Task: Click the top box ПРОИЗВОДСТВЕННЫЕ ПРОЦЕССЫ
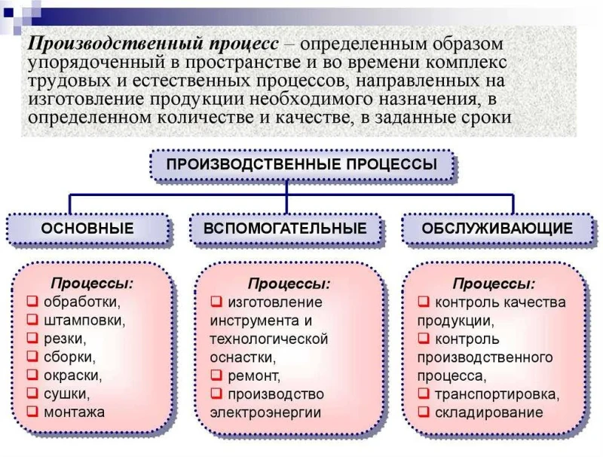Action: pyautogui.click(x=302, y=165)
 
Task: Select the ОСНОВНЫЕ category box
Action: pyautogui.click(x=87, y=228)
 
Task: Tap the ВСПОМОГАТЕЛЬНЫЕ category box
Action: pyautogui.click(x=285, y=228)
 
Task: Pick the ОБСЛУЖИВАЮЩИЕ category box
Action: pyautogui.click(x=497, y=228)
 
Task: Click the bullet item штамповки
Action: pyautogui.click(x=84, y=321)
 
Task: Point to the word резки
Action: pyautogui.click(x=65, y=339)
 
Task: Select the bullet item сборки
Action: pyautogui.click(x=69, y=357)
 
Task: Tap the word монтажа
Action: pyautogui.click(x=74, y=413)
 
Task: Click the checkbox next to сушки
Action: pyautogui.click(x=32, y=393)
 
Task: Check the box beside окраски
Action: pyautogui.click(x=32, y=375)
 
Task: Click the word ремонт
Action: pyautogui.click(x=254, y=376)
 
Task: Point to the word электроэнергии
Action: pyautogui.click(x=265, y=413)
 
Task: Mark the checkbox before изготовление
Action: pyautogui.click(x=216, y=301)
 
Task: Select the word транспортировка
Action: pyautogui.click(x=497, y=394)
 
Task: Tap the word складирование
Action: pyautogui.click(x=488, y=413)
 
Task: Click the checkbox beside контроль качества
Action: pyautogui.click(x=424, y=301)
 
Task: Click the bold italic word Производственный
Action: pyautogui.click(x=115, y=44)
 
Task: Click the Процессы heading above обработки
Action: pyautogui.click(x=92, y=284)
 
